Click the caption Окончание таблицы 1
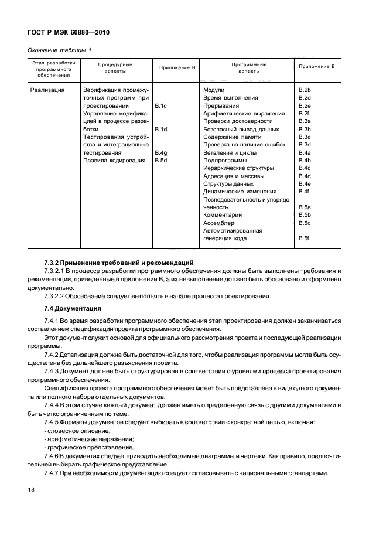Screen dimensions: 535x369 click(x=60, y=50)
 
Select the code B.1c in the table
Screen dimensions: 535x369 click(x=161, y=105)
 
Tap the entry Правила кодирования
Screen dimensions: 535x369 click(x=114, y=161)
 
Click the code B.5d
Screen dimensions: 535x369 click(x=161, y=161)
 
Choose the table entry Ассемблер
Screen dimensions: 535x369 click(x=219, y=223)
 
